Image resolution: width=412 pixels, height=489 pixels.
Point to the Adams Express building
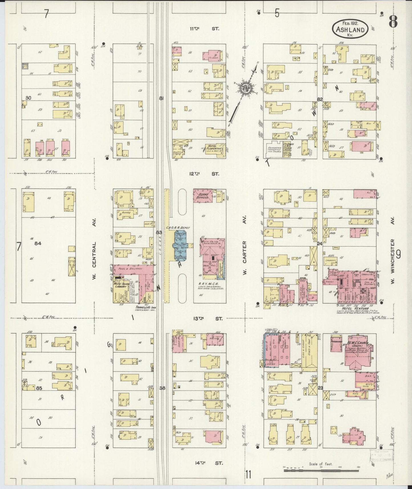[203, 196]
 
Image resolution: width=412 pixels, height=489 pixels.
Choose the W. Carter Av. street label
[245, 245]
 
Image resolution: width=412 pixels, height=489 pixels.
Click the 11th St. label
[204, 29]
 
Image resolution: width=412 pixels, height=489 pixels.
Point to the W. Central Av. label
[95, 249]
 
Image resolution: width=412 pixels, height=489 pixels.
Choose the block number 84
[38, 243]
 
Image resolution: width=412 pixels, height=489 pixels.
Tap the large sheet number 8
[393, 22]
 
